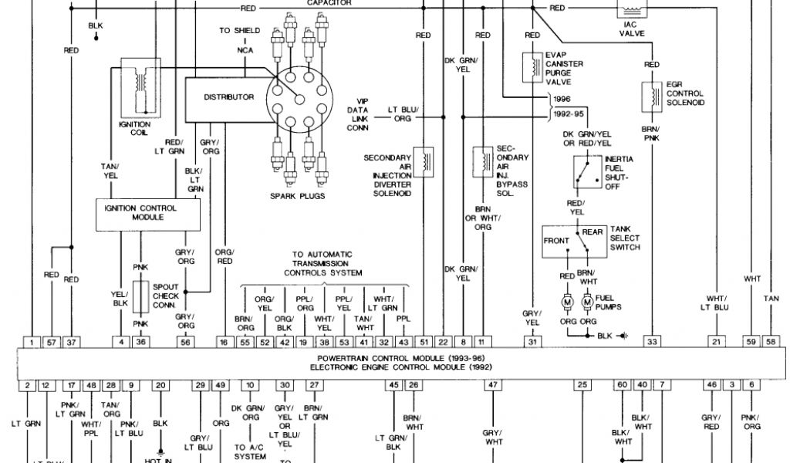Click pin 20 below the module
click(160, 384)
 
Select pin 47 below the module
click(491, 384)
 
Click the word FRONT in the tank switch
click(556, 241)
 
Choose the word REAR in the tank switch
click(592, 231)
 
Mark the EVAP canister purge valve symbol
click(532, 66)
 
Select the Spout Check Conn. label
click(165, 296)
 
